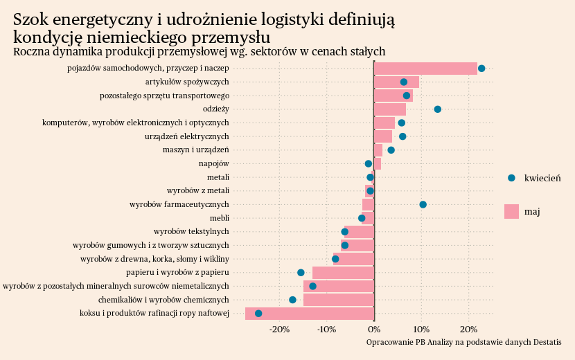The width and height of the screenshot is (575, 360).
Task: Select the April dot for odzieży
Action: [437, 109]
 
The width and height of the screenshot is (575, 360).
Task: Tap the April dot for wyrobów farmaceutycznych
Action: [423, 204]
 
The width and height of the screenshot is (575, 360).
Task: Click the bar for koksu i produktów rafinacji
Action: [310, 314]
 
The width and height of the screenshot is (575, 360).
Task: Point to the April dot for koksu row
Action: [258, 314]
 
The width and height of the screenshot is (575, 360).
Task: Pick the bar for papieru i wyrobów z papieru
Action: [343, 273]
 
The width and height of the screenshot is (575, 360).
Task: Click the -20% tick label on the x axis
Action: [279, 329]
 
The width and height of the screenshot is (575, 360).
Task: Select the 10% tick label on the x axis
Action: [421, 329]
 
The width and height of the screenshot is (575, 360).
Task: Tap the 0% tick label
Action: [374, 329]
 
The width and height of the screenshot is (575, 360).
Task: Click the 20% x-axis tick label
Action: [468, 329]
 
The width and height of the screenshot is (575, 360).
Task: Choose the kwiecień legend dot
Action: [511, 178]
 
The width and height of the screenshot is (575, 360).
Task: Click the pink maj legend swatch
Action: [511, 211]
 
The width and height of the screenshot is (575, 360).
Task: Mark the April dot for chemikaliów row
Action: [292, 300]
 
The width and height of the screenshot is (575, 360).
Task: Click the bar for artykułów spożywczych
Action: [396, 82]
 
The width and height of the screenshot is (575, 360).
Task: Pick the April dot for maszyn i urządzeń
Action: [391, 150]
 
